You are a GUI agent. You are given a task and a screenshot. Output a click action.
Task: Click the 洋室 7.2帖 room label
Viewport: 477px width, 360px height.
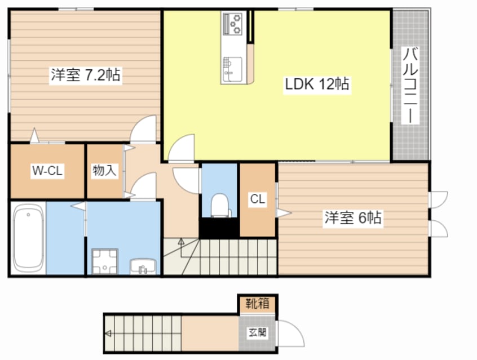pos(86,75)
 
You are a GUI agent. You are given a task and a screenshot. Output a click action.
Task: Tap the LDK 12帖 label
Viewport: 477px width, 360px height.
pos(317,84)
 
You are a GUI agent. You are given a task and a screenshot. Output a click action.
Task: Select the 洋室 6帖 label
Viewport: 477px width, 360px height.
pos(353,217)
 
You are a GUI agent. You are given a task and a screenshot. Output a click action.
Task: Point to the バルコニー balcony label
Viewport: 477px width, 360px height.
pos(410,86)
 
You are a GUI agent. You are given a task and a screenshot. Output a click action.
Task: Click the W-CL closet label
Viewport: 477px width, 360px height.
pos(47,171)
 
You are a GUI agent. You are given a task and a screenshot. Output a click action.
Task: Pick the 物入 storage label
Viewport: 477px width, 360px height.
pos(104,171)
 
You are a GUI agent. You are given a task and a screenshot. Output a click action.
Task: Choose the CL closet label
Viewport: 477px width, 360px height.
pos(258,199)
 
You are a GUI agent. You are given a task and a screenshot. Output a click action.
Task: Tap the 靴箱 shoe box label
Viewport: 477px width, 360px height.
pos(257,304)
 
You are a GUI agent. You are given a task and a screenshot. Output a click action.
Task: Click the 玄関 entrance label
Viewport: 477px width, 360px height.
pos(257,332)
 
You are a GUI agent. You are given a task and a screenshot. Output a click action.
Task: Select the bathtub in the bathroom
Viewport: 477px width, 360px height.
pos(28,238)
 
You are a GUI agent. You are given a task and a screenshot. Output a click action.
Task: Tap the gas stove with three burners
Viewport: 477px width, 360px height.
pos(232,24)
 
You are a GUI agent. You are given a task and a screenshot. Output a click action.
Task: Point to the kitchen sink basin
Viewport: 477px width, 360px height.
pos(232,69)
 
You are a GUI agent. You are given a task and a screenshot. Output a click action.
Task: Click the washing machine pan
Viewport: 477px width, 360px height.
pos(105,261)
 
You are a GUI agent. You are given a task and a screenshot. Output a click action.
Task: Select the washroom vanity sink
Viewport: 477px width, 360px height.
pos(143,266)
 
